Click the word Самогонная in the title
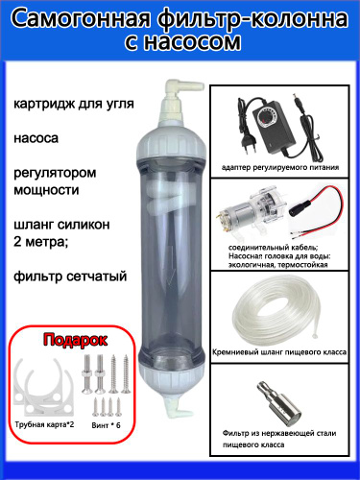[82, 19]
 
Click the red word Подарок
[75, 340]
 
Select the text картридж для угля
[74, 104]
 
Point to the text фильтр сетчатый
[70, 276]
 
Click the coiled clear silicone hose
[277, 313]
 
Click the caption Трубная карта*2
[44, 424]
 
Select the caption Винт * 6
[106, 425]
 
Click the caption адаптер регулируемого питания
[280, 167]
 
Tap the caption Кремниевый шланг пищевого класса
[279, 352]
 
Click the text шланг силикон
[61, 225]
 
